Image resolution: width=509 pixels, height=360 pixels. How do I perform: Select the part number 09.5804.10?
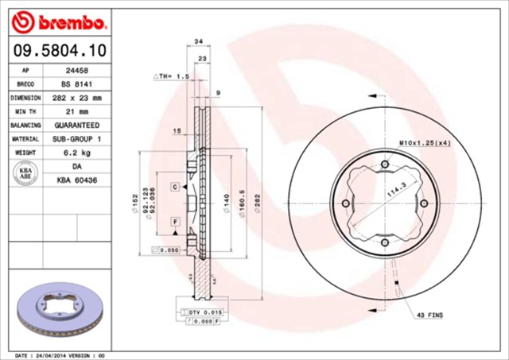tap(59, 52)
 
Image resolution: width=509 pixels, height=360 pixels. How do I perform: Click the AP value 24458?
tap(76, 70)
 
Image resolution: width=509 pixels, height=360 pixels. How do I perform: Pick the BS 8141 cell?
tap(76, 83)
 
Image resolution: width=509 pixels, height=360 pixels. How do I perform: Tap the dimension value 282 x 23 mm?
tap(76, 98)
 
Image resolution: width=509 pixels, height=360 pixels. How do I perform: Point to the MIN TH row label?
tap(25, 111)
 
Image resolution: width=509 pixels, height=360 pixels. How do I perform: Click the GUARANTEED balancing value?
tap(76, 126)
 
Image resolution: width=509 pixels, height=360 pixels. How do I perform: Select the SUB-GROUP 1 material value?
tap(76, 139)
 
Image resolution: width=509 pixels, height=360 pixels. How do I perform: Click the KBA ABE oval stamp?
tap(25, 174)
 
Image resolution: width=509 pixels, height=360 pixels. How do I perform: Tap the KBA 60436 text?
tap(76, 181)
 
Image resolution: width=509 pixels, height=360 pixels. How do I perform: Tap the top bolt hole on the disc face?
tap(384, 165)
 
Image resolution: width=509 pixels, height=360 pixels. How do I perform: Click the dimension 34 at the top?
tap(198, 41)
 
